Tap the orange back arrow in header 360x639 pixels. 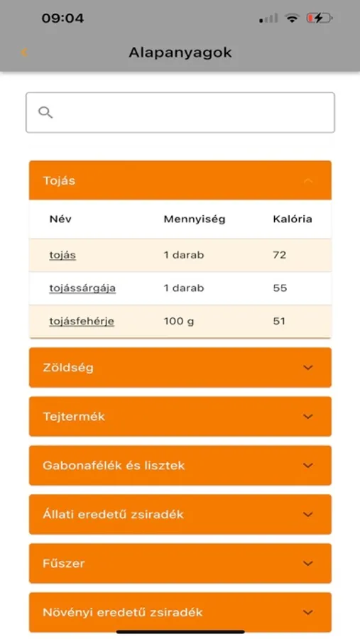(x=24, y=53)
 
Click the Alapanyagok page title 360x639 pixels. (x=180, y=53)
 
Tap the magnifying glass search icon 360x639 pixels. (x=45, y=112)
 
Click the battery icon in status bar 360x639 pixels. (x=319, y=18)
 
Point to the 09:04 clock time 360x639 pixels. (x=62, y=18)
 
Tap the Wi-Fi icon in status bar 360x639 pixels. (x=292, y=18)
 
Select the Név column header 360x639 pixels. (x=60, y=219)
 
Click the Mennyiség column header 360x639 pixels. (x=194, y=219)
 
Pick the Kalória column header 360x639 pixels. (x=292, y=219)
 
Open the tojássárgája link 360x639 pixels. (x=82, y=288)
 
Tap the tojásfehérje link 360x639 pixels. (x=82, y=321)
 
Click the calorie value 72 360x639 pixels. (x=279, y=254)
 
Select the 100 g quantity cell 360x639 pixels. (x=179, y=321)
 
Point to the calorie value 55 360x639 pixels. (x=279, y=288)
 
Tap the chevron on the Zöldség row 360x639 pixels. (x=307, y=368)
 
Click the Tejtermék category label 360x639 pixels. (x=74, y=417)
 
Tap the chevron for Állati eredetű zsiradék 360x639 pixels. (x=307, y=514)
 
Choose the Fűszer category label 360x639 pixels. (x=64, y=563)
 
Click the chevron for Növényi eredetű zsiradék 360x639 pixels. (x=307, y=612)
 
